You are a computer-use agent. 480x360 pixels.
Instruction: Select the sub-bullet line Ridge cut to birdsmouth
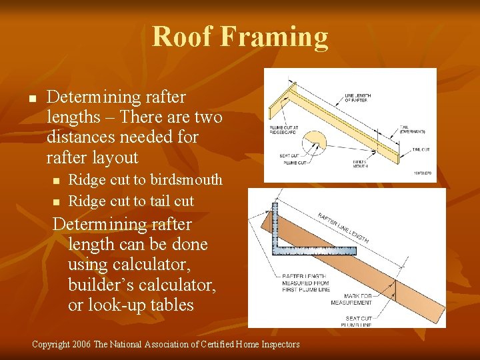145,180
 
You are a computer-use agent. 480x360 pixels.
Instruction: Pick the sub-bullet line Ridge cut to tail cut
131,201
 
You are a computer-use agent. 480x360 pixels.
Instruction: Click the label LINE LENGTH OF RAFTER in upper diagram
357,97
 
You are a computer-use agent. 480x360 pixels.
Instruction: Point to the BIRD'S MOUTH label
361,163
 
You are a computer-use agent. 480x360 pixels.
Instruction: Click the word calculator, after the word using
155,265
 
